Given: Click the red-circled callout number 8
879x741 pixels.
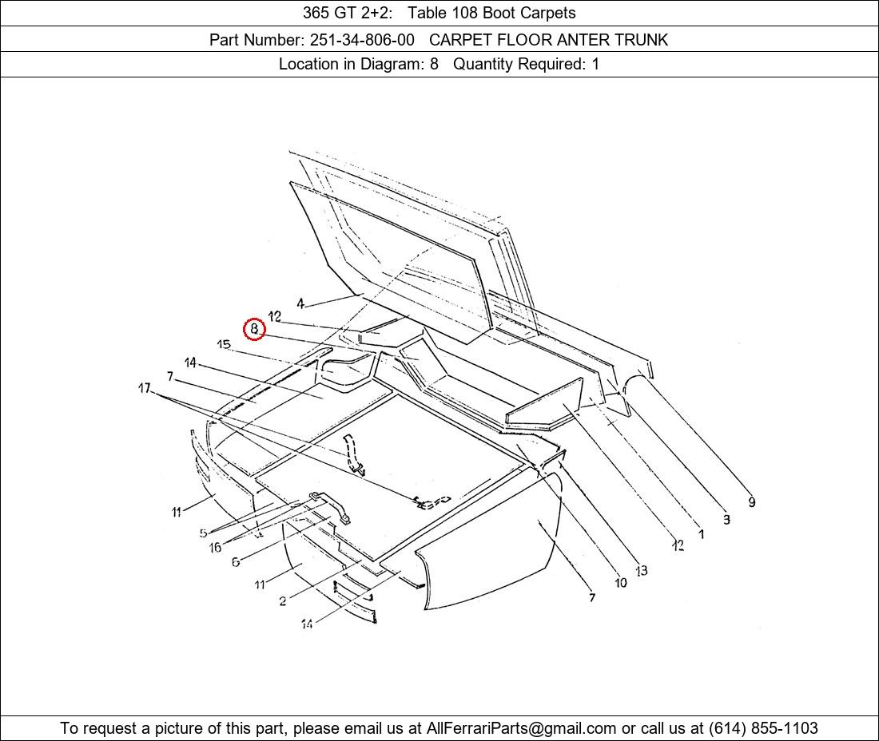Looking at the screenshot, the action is pos(254,329).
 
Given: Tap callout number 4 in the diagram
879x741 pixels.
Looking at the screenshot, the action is pos(300,303).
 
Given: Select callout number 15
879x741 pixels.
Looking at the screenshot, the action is pos(224,344).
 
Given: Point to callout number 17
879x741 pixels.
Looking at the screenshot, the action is pos(145,387).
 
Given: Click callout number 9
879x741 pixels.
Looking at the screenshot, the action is pos(752,502).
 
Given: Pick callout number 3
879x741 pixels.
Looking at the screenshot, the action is pos(726,519).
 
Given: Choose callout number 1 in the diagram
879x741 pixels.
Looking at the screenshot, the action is pos(701,534).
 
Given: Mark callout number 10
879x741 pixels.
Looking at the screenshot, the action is pos(621,582).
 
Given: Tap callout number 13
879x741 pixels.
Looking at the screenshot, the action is pos(642,570).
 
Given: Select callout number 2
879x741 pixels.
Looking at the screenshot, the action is pos(283,601).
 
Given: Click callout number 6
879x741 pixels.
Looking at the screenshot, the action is pos(236,561).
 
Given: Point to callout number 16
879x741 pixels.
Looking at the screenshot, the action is pos(215,547).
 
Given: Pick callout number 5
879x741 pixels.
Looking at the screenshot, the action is pos(204,533).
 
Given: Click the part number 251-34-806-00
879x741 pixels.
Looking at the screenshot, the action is pos(362,40).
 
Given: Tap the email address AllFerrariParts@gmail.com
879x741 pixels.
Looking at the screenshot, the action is pos(521,728).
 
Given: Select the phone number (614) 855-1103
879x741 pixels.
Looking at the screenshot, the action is pos(763,728).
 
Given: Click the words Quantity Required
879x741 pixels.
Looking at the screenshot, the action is pos(519,65).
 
